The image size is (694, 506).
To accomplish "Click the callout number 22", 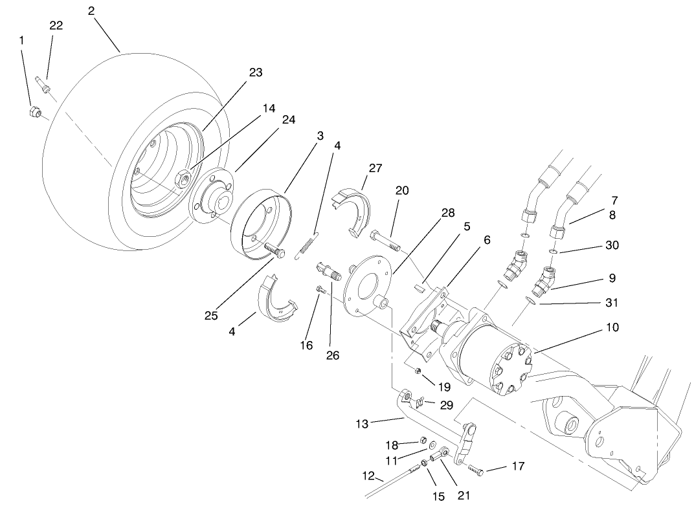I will click(56, 25).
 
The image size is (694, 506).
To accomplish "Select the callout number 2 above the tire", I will click(91, 11).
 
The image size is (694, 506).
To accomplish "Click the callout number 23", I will click(256, 72).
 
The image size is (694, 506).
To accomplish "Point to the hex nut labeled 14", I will click(184, 175).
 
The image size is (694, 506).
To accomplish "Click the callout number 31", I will click(611, 302).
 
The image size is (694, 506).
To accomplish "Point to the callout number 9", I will click(611, 278).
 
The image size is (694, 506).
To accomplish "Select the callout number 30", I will click(611, 245).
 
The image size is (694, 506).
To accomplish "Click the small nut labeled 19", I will click(418, 371).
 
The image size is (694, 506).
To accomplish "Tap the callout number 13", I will click(362, 424).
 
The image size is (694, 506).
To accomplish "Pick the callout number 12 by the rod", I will click(368, 476).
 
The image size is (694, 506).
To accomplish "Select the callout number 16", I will click(306, 346).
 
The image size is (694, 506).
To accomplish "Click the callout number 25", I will click(211, 316).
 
